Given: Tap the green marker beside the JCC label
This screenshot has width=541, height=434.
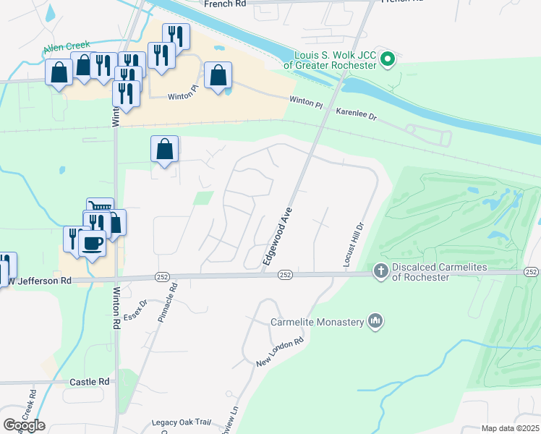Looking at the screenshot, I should (388, 59).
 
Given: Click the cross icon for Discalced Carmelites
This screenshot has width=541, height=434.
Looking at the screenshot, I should (381, 271).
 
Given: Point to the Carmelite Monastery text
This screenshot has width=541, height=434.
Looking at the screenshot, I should (317, 322).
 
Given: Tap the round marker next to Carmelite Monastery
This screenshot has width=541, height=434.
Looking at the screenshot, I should (375, 320).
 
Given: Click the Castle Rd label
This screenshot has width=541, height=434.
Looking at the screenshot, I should (90, 381).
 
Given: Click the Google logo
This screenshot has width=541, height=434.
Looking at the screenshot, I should (24, 425).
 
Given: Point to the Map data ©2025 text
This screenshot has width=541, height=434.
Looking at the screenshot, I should (508, 428).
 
